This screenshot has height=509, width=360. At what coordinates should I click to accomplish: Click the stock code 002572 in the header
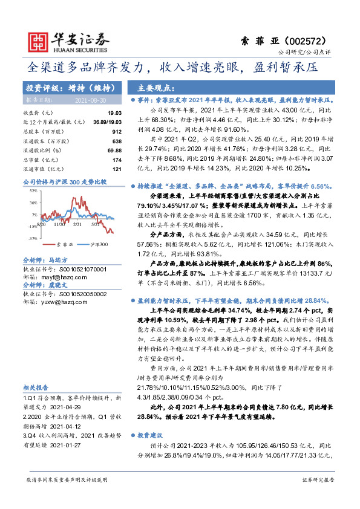[311, 40]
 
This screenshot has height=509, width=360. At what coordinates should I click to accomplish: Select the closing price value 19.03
[114, 113]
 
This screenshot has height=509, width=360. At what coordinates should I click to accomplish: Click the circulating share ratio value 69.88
[114, 149]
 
